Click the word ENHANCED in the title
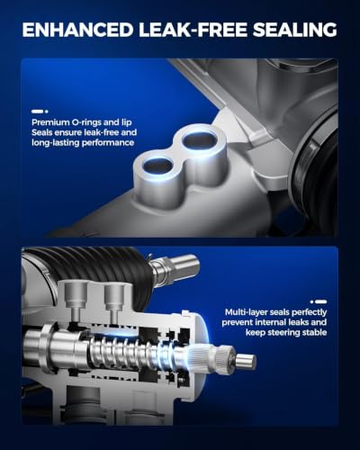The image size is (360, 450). click(77, 30)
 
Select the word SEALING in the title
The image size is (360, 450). click(295, 30)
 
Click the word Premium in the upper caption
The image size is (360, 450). click(50, 122)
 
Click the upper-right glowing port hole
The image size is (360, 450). click(199, 139)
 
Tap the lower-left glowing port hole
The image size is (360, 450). click(157, 166)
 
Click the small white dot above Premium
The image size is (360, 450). click(46, 112)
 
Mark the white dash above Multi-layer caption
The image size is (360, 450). click(321, 301)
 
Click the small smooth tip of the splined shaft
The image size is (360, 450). click(247, 360)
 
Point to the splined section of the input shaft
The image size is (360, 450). click(223, 355)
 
